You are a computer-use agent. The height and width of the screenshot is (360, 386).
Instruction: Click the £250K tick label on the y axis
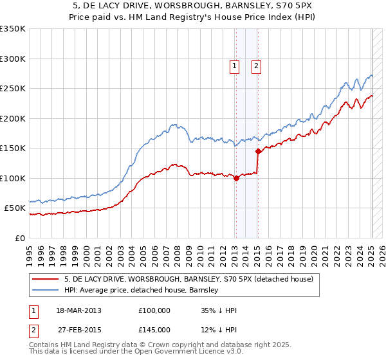pyautogui.click(x=13, y=89)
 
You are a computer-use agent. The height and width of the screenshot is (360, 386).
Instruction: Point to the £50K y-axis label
pyautogui.click(x=15, y=208)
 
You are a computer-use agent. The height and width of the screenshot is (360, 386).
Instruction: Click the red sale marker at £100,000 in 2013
pyautogui.click(x=236, y=178)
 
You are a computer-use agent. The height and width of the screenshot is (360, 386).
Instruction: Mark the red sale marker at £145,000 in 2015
pyautogui.click(x=258, y=152)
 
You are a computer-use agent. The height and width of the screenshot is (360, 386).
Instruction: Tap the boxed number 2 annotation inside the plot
pyautogui.click(x=256, y=66)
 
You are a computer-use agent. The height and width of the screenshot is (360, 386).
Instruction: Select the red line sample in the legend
pyautogui.click(x=44, y=280)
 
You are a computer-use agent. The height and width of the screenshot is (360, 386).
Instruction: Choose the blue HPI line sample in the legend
pyautogui.click(x=44, y=291)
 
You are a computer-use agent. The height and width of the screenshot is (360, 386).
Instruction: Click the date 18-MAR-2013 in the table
pyautogui.click(x=78, y=310)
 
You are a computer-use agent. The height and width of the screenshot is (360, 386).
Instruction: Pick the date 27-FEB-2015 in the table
pyautogui.click(x=78, y=329)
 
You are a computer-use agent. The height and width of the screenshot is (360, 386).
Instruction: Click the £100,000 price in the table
pyautogui.click(x=154, y=310)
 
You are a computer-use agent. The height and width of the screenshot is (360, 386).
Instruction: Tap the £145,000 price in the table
pyautogui.click(x=154, y=329)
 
